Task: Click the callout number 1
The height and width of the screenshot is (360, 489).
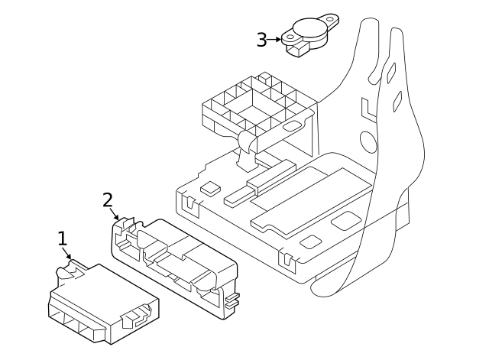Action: pos(63,238)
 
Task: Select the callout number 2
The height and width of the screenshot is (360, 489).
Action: pos(108,200)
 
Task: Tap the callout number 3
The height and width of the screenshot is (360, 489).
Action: pos(261,40)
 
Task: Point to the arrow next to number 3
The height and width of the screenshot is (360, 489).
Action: pos(276,39)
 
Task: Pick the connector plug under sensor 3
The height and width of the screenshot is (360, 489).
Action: pos(297,50)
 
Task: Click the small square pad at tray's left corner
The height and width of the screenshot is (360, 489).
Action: pos(208,186)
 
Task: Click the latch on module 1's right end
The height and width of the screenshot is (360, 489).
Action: pos(138,314)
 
